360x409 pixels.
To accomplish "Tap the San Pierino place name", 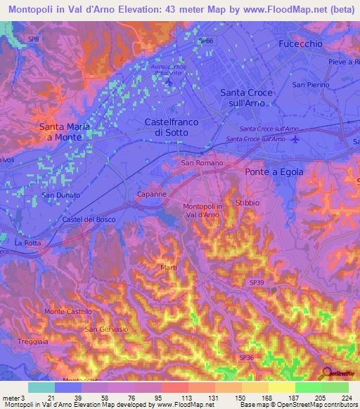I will [311, 84].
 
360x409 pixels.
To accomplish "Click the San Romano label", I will [202, 163].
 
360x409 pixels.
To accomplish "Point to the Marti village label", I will [169, 267].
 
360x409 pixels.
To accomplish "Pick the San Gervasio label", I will [106, 329].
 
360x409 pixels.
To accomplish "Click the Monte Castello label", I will [68, 311].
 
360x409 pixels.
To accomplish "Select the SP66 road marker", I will [205, 41].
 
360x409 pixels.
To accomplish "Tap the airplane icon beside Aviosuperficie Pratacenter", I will [168, 84].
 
